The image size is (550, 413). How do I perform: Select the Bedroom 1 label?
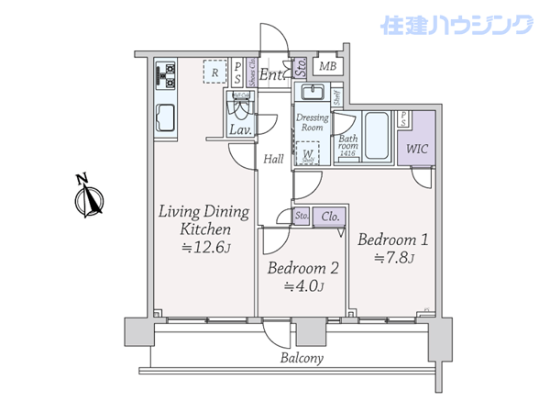tap(392, 240)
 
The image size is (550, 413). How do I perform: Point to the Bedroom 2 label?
tap(302, 269)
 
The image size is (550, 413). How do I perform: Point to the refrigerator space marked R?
tap(214, 72)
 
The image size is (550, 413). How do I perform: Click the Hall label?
tap(273, 159)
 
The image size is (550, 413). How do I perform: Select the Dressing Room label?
tap(312, 123)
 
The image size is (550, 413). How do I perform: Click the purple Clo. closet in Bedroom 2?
tap(330, 217)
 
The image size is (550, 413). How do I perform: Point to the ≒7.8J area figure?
tap(394, 258)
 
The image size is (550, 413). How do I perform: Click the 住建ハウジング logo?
tap(459, 25)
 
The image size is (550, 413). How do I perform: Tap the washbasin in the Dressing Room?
tap(313, 95)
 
